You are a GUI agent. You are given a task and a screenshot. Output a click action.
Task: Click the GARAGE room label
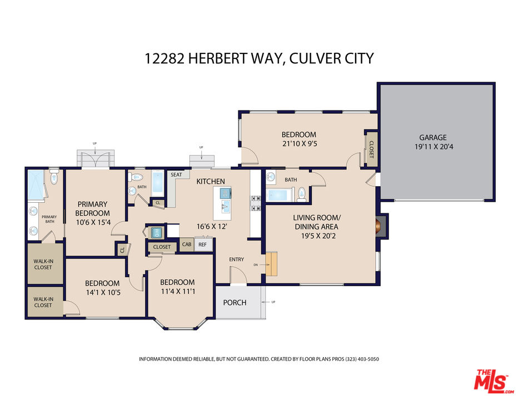433,137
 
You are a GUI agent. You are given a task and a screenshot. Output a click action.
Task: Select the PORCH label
235,303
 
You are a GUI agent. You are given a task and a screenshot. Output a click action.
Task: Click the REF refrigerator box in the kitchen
202,244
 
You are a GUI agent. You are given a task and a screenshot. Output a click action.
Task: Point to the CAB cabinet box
187,244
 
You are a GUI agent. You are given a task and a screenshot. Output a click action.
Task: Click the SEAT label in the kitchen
176,174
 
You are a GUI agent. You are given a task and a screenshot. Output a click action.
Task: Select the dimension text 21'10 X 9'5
300,144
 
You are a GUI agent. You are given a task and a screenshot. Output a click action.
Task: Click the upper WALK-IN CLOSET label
43,264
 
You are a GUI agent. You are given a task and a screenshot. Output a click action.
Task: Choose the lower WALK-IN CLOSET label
43,302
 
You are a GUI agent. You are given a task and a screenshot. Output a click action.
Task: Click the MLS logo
492,381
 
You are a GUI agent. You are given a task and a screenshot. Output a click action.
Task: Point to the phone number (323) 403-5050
362,359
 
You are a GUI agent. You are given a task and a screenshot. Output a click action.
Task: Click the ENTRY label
237,259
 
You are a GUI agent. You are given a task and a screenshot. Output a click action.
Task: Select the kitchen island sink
226,207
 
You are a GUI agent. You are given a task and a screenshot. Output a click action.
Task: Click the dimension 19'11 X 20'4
434,147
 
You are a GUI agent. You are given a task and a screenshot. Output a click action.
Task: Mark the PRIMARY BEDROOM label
92,208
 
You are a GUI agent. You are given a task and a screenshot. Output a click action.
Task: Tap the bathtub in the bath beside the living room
279,194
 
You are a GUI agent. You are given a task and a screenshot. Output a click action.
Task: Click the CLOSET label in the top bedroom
371,149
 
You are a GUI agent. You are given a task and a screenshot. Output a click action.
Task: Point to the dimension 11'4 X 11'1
177,291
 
